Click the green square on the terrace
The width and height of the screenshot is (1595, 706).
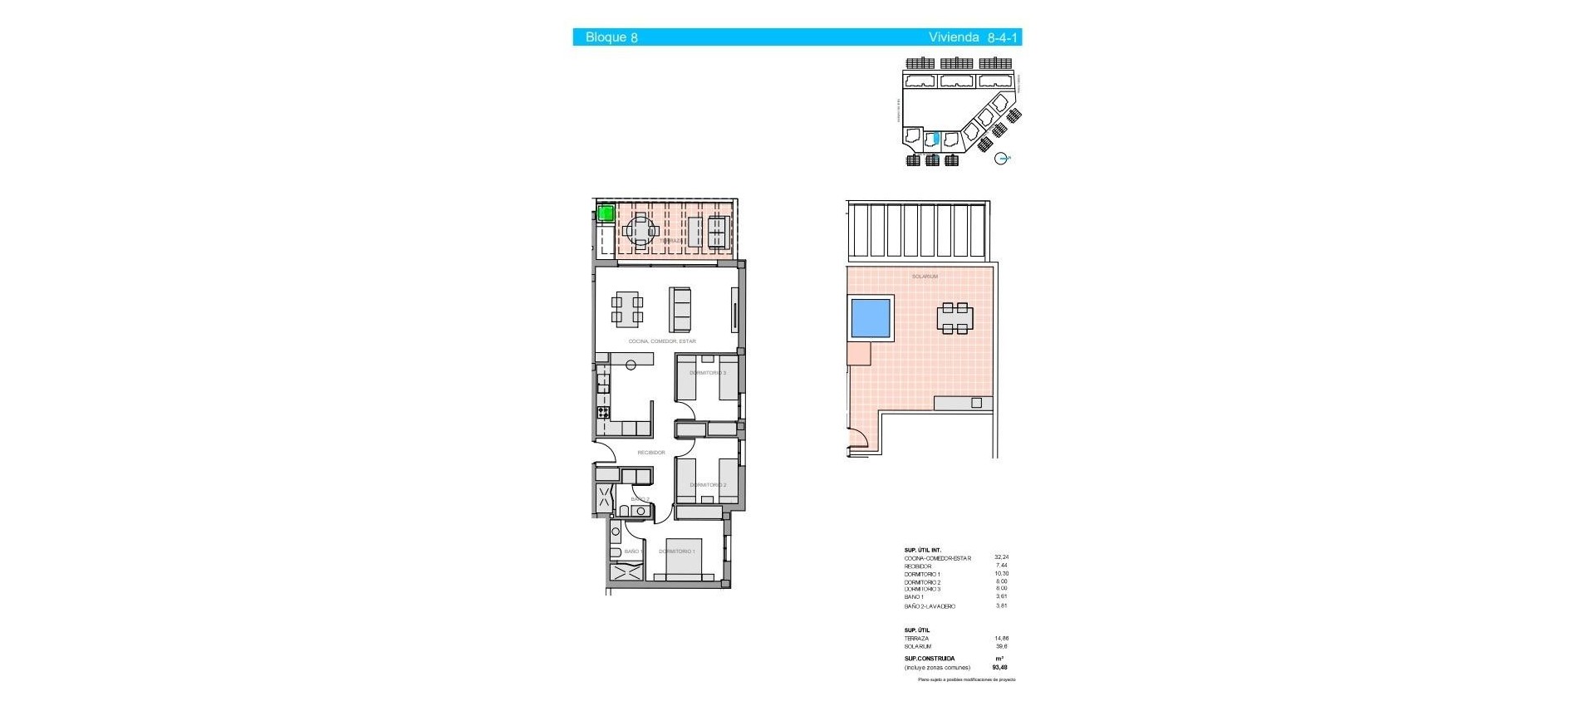click(606, 213)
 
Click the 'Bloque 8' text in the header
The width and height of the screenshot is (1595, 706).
click(611, 37)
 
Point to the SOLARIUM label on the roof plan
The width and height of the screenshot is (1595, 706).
click(925, 277)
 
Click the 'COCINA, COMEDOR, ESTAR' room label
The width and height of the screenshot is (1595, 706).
click(662, 341)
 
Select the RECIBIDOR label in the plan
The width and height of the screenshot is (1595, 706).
click(650, 453)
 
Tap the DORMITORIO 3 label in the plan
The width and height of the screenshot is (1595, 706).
click(708, 373)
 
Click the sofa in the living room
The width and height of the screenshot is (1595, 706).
click(680, 309)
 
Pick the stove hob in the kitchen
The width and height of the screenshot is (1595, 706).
click(602, 411)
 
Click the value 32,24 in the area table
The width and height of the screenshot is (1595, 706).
click(1001, 557)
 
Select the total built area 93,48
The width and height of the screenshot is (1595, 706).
click(999, 667)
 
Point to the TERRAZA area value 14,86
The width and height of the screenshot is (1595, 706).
click(1001, 639)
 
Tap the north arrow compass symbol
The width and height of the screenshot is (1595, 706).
click(1003, 158)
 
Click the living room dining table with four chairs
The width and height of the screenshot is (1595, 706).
click(627, 308)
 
